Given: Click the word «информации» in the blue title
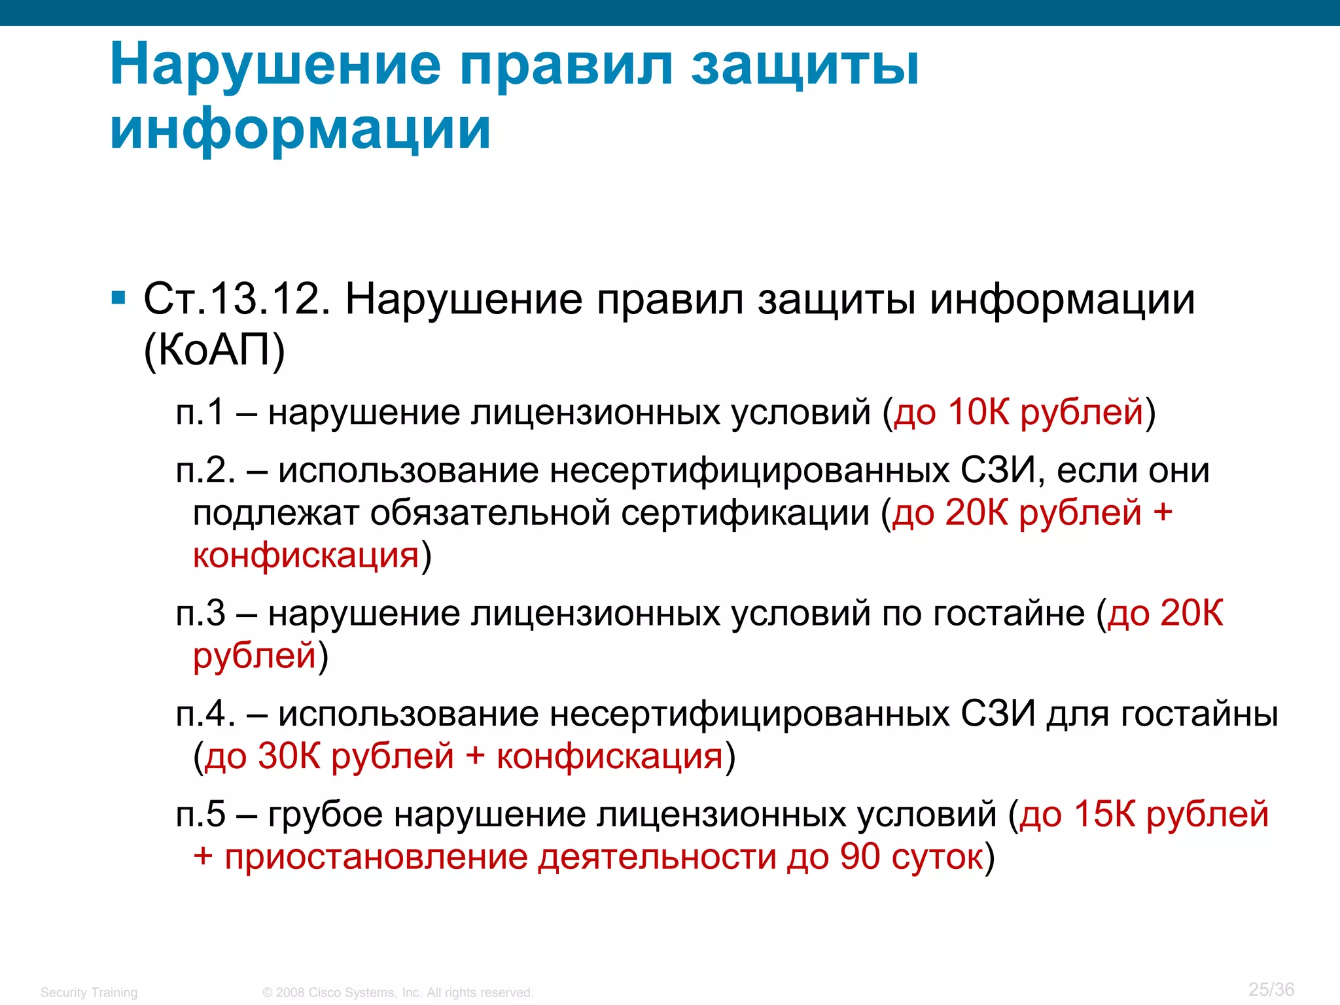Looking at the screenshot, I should (x=300, y=128).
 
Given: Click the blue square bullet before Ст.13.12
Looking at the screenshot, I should (x=118, y=299).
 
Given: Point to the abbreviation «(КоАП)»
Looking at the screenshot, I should (x=214, y=350).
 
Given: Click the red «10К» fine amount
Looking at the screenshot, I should (x=978, y=412).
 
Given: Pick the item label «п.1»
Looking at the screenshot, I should (x=200, y=412).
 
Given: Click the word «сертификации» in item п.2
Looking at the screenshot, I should (x=745, y=513).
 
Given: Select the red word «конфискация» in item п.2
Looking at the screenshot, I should (x=306, y=555).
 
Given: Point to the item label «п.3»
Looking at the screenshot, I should (x=200, y=614).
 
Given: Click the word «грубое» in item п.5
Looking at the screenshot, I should (x=325, y=815).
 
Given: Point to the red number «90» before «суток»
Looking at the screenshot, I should (x=860, y=857).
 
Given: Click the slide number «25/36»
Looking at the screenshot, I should (x=1271, y=989).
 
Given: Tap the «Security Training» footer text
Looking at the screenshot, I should (x=89, y=993).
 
